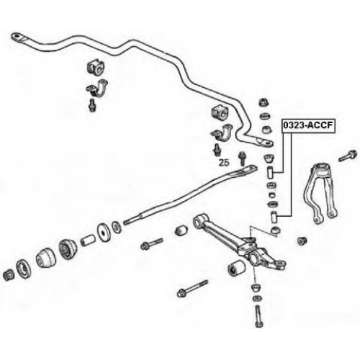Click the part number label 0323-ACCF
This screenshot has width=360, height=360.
308,125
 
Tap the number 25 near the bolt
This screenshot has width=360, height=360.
224,163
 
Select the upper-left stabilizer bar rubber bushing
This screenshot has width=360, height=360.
96,66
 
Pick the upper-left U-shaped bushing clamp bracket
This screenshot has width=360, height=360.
97,89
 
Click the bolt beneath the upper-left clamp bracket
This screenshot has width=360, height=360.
92,105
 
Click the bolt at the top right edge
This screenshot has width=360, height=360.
348,156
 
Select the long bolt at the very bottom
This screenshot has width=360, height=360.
259,315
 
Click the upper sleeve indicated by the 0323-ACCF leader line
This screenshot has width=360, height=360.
270,173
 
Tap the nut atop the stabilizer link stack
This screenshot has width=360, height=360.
264,103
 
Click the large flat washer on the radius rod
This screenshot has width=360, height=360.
103,233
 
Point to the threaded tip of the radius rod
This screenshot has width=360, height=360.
127,222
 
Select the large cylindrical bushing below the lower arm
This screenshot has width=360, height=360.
236,268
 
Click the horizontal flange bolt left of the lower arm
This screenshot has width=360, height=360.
152,244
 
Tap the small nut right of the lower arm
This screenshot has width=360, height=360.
302,240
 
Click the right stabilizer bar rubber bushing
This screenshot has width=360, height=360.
220,112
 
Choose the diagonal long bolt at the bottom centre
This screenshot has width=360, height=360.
192,289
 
